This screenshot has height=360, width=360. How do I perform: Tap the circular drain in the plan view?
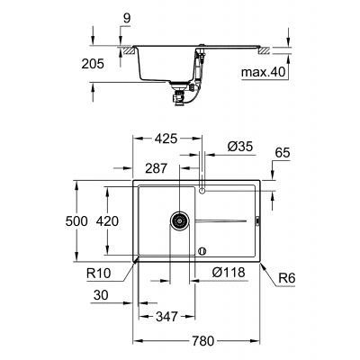pos(177,220)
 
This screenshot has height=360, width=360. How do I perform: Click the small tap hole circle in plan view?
pos(202,191)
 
